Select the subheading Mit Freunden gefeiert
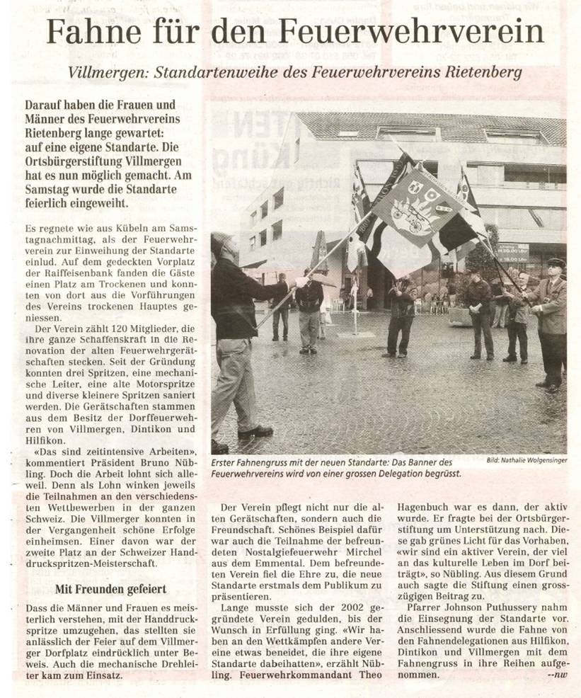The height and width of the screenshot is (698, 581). (110, 589)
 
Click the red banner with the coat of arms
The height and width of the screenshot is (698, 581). (418, 206)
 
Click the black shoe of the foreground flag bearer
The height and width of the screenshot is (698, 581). (255, 431)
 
